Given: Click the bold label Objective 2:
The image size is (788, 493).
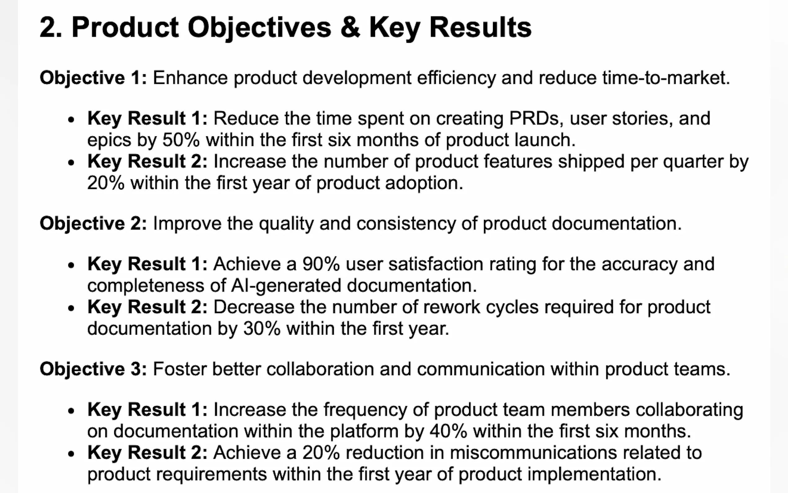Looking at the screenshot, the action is (x=93, y=224).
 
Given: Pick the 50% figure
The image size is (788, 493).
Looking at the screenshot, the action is (x=181, y=140).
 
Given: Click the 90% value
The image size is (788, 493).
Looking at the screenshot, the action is (x=321, y=264).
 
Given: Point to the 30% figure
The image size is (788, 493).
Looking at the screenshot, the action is (x=262, y=328).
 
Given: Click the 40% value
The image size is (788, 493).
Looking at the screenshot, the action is (x=449, y=431).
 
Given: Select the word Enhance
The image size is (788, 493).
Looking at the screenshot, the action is (x=190, y=78).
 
